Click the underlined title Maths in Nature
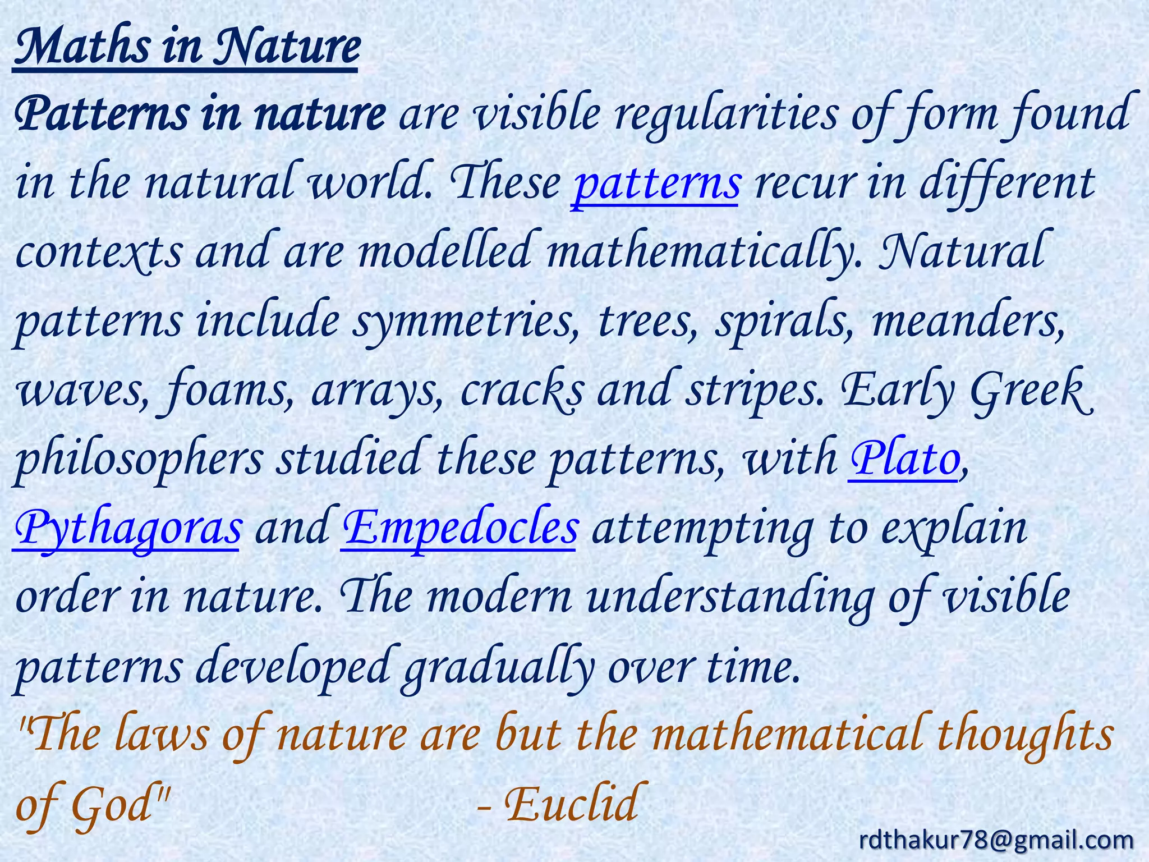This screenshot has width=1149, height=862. (x=185, y=48)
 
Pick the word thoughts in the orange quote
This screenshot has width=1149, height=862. (x=1024, y=736)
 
